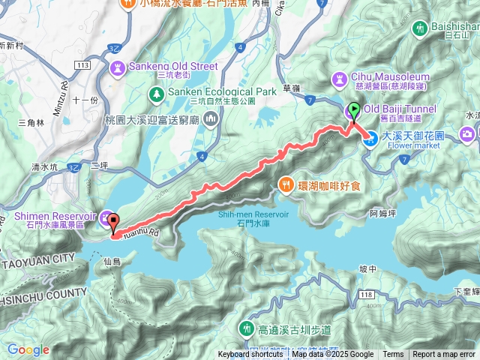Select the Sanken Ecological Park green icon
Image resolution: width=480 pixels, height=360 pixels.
156,94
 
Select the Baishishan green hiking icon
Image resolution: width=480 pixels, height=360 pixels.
418,28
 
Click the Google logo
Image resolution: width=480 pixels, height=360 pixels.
28,349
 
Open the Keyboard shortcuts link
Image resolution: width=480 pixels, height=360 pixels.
250,355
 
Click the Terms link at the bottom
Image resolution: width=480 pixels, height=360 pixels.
393,355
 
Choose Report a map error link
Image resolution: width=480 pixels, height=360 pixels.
444,355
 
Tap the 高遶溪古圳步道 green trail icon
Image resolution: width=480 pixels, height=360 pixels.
246,328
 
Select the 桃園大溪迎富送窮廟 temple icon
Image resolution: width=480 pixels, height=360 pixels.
210,118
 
